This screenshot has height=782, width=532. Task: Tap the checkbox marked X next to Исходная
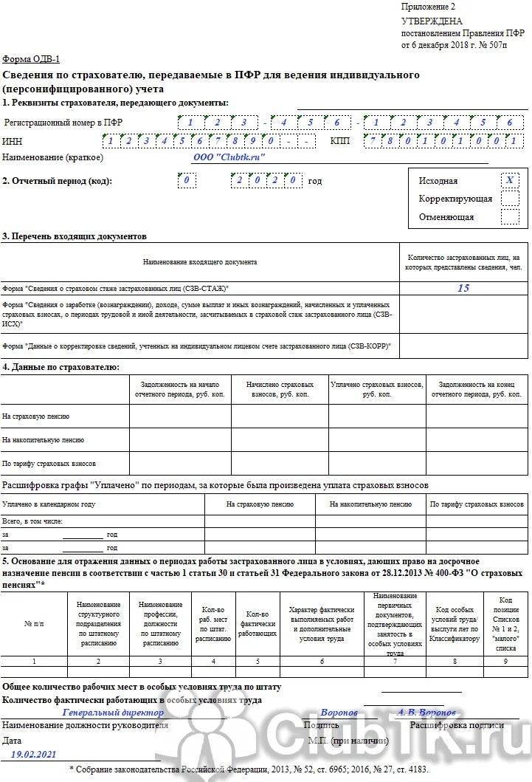click(509, 181)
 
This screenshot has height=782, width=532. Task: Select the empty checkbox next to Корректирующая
click(509, 199)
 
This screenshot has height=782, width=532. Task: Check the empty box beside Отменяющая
click(509, 217)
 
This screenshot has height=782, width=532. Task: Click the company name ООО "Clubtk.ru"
click(228, 157)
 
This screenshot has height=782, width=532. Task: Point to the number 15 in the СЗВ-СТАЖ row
click(463, 288)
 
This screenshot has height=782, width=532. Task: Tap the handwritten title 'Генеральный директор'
click(113, 713)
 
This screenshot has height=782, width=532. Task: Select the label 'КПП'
click(340, 140)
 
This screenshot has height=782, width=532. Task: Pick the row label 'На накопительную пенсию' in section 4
click(43, 439)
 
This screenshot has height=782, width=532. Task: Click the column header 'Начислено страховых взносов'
click(280, 389)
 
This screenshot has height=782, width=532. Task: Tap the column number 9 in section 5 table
click(505, 661)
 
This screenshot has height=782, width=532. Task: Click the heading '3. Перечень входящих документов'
click(75, 236)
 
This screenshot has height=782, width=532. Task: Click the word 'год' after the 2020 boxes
click(315, 181)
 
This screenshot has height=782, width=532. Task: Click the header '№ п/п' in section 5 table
click(34, 624)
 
